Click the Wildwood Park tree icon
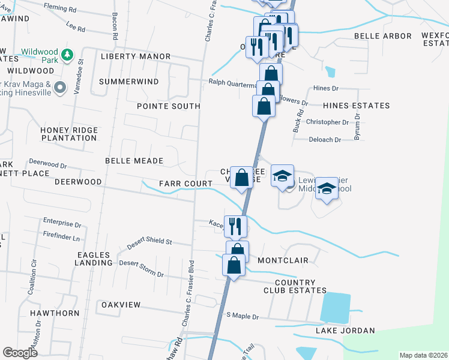pos(68,55)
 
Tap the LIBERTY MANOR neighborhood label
pos(136,56)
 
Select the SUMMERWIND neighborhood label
pos(129,82)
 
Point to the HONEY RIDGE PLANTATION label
pos(68,134)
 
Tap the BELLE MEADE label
pos(134,161)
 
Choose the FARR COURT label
pos(178,183)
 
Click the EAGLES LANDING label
pos(94,259)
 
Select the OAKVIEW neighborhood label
pos(121,305)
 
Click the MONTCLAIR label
pos(283,261)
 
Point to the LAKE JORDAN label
pos(345,331)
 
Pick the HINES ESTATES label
pos(356,106)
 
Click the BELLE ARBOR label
pos(383,36)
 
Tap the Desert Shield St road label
pos(150,242)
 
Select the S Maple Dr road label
pos(242,316)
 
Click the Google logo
pos(20,353)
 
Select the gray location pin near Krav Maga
pos(59,88)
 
